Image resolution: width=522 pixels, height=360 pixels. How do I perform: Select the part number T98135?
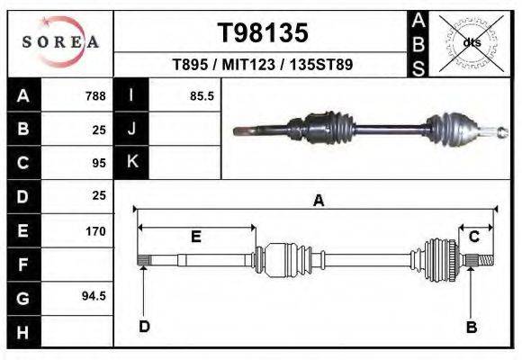[263, 33]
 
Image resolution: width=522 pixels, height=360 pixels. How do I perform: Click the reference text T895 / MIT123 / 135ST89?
[263, 66]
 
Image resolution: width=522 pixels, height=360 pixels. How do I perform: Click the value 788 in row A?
[94, 96]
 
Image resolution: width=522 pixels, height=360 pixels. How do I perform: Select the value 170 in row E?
[94, 231]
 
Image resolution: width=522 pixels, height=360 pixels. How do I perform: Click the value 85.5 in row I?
[202, 96]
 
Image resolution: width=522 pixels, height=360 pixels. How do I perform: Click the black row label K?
[132, 162]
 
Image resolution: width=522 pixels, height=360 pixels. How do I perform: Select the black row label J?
[132, 130]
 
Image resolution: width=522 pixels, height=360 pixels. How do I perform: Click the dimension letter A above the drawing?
[318, 202]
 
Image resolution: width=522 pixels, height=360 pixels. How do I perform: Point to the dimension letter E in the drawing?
[195, 237]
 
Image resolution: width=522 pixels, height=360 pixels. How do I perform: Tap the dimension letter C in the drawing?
[473, 237]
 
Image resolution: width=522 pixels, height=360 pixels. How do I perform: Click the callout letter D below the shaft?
[144, 327]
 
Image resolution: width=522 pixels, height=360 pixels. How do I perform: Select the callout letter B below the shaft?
[471, 327]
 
